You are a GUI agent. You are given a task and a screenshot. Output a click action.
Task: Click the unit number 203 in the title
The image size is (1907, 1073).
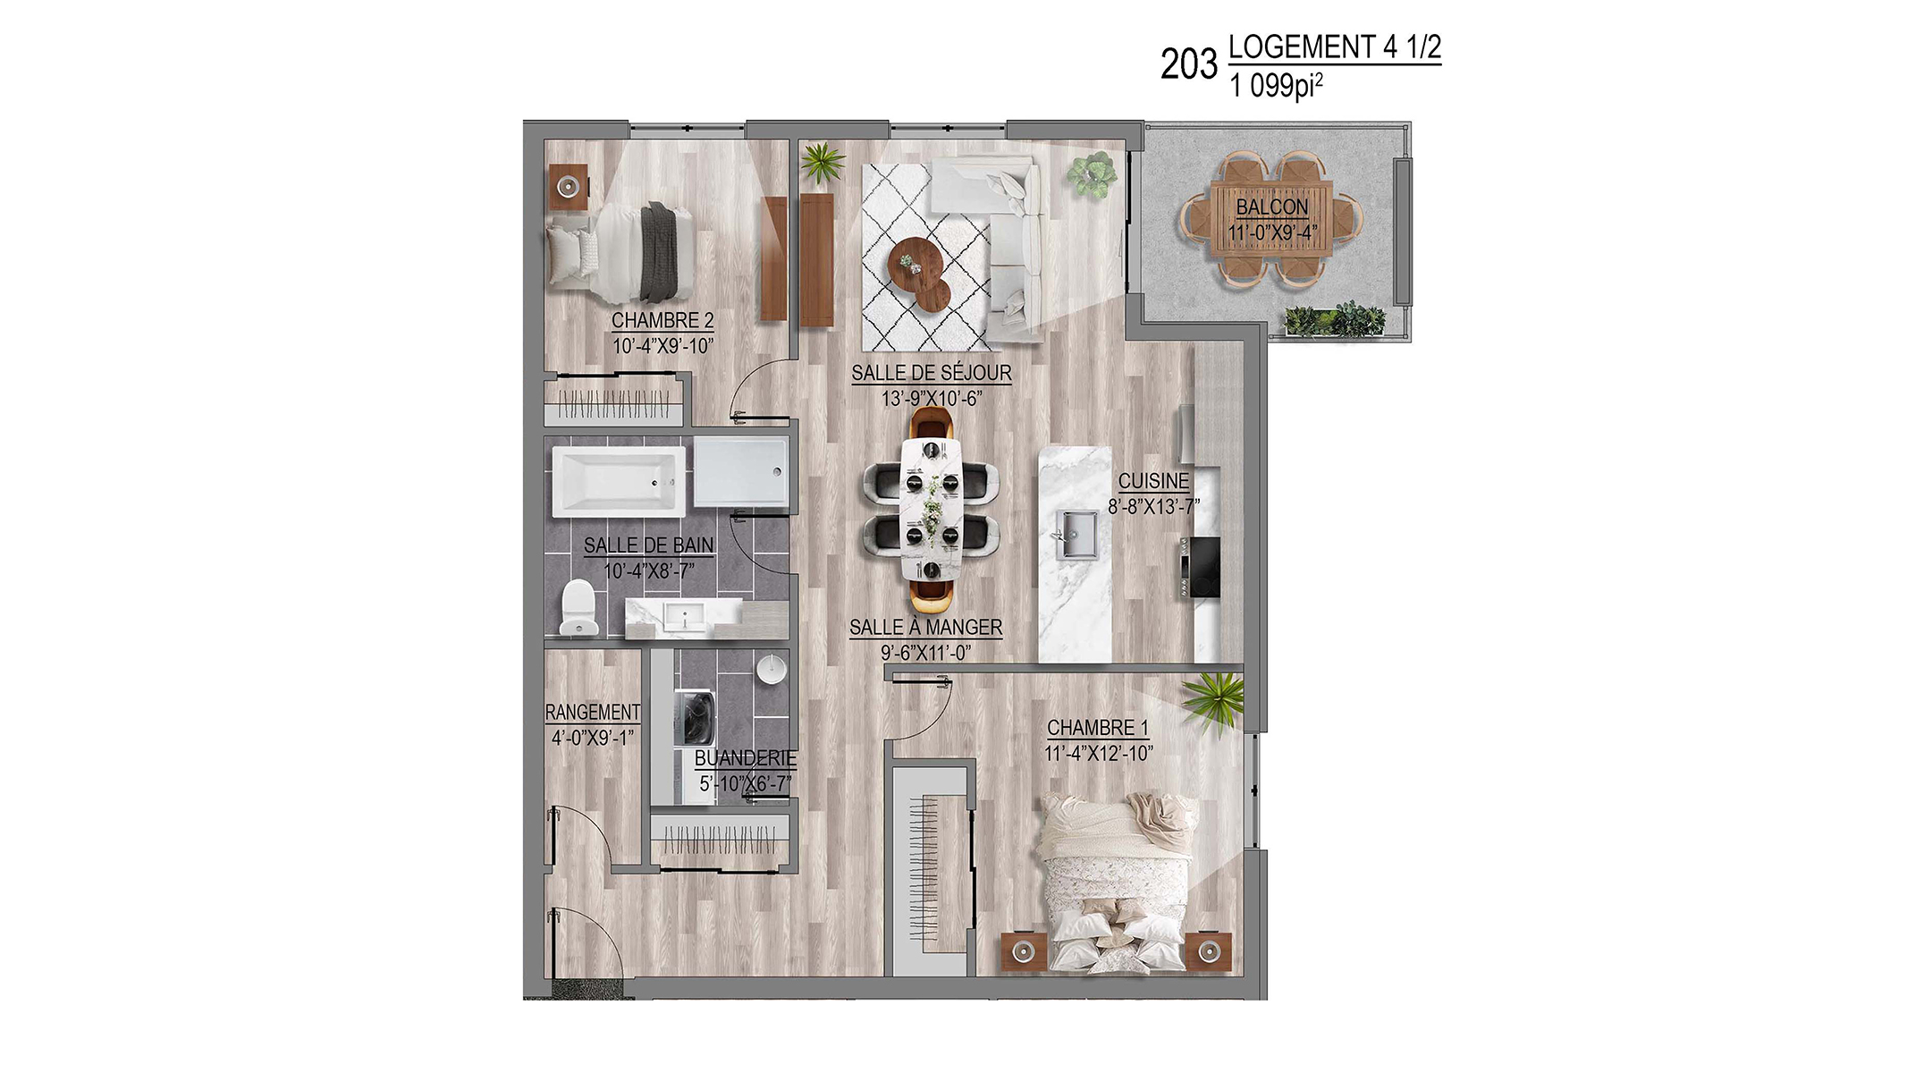1188,64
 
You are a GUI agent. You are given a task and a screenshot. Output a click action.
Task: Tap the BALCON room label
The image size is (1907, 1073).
1271,207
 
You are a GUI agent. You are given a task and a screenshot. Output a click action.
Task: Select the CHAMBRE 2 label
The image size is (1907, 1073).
662,320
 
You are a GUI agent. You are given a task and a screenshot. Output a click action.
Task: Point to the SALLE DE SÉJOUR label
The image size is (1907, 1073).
931,373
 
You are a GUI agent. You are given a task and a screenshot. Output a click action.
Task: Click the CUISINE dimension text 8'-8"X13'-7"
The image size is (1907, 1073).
1153,507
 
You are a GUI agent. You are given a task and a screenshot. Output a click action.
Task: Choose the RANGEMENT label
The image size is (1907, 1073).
593,712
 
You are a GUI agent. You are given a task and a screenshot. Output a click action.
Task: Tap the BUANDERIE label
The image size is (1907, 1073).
745,758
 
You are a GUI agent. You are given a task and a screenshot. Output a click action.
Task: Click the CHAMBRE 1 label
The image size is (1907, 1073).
1098,728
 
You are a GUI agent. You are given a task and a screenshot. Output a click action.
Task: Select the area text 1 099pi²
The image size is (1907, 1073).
1276,86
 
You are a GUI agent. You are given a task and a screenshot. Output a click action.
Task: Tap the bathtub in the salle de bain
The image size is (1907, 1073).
619,481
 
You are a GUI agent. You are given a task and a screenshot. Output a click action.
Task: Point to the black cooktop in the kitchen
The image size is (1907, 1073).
1198,567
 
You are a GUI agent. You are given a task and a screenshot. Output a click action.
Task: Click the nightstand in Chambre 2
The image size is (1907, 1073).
567,187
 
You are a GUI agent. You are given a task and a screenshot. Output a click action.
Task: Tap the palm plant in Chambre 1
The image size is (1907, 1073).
1213,698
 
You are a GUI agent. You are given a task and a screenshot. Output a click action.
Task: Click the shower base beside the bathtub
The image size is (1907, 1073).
741,473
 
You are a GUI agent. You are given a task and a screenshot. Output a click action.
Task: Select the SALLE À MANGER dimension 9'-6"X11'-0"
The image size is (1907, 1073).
925,653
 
